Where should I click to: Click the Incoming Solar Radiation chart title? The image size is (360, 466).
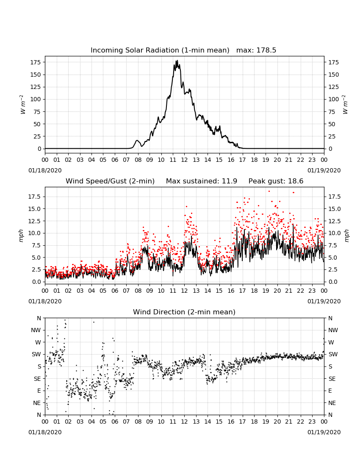pyautogui.click(x=160, y=50)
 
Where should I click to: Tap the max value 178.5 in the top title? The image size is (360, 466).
pyautogui.click(x=266, y=50)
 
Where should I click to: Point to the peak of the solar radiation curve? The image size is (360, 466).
pyautogui.click(x=177, y=61)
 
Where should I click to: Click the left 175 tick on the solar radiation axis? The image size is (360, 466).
pyautogui.click(x=36, y=62)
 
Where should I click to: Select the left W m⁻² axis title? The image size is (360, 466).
pyautogui.click(x=22, y=104)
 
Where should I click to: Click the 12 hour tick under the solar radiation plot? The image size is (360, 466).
pyautogui.click(x=185, y=160)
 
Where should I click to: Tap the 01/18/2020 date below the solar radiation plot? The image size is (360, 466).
pyautogui.click(x=45, y=171)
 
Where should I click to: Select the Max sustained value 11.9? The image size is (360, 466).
pyautogui.click(x=229, y=181)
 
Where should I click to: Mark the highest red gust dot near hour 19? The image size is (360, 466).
pyautogui.click(x=269, y=191)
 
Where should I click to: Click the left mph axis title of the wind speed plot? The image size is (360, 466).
pyautogui.click(x=21, y=236)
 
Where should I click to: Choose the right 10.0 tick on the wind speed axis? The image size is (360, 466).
pyautogui.click(x=334, y=233)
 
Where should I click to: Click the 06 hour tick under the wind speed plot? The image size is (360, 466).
pyautogui.click(x=115, y=291)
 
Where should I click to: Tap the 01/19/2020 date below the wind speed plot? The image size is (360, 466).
pyautogui.click(x=324, y=301)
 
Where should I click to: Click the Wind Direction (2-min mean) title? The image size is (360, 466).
pyautogui.click(x=184, y=312)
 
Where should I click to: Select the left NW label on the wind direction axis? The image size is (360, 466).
pyautogui.click(x=36, y=330)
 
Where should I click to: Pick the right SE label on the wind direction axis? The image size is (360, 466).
pyautogui.click(x=332, y=379)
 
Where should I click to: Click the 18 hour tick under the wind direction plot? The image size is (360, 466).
pyautogui.click(x=254, y=422)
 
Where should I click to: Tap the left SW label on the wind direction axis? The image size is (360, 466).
pyautogui.click(x=36, y=355)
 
